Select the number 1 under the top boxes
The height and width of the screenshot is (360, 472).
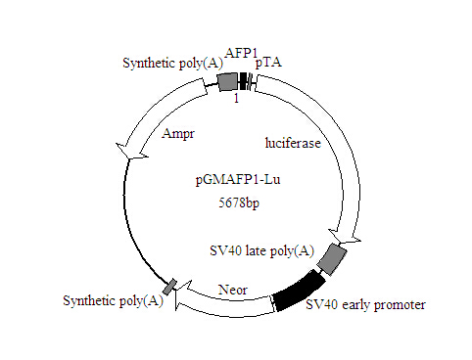[x=235, y=98]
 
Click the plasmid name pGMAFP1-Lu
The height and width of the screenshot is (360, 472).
[x=235, y=181]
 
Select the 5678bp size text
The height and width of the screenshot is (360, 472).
[x=235, y=203]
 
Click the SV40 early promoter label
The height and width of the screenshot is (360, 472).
[x=365, y=305]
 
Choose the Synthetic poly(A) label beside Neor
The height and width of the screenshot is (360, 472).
[x=113, y=299]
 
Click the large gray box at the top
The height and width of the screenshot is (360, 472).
[x=227, y=82]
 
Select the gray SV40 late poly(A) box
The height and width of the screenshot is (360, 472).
[x=333, y=258]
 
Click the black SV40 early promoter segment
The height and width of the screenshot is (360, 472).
[x=300, y=291]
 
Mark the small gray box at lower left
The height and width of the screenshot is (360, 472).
[x=169, y=286]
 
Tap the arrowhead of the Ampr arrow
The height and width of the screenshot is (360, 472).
[x=127, y=152]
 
